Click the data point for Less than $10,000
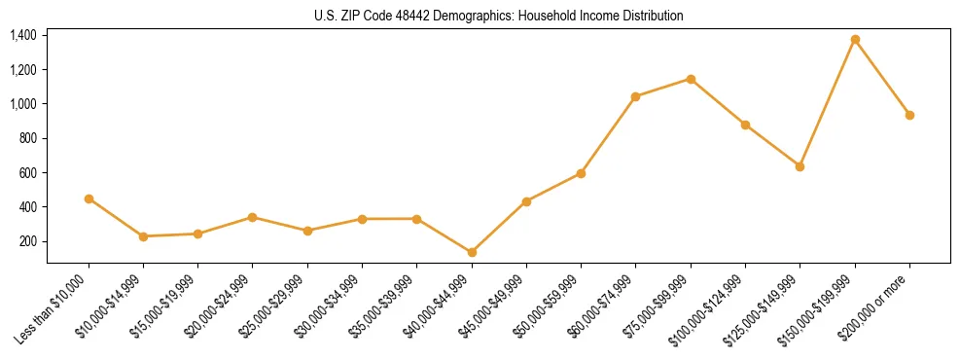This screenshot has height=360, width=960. [x=89, y=198]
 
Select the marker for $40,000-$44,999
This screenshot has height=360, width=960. [x=472, y=252]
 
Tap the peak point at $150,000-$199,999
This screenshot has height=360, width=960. [x=855, y=39]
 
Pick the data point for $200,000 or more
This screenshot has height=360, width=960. [x=909, y=115]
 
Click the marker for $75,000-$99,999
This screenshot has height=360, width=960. [x=691, y=79]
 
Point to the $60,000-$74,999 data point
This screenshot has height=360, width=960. [x=636, y=96]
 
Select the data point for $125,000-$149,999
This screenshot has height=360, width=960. [x=800, y=166]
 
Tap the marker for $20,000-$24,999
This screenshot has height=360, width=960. [x=253, y=217]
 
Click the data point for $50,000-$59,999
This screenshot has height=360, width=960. [x=581, y=173]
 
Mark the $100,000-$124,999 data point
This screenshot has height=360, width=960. [x=745, y=125]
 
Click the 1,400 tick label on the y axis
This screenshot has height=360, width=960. [x=23, y=35]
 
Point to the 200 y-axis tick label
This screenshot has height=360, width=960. [x=28, y=241]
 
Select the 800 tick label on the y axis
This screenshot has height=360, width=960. [x=28, y=138]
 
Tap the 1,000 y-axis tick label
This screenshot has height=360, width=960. [x=23, y=104]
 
